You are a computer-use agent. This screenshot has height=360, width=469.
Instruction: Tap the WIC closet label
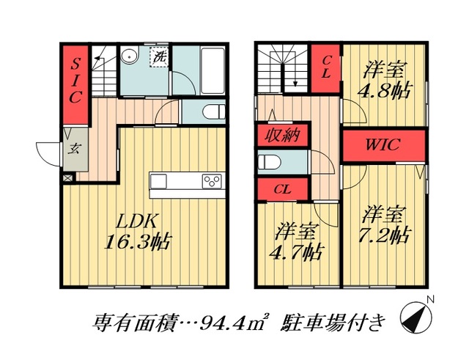click(383, 144)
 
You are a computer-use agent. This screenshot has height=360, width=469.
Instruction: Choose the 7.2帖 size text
click(385, 236)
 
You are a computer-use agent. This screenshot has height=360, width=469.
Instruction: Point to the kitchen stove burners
click(212, 181)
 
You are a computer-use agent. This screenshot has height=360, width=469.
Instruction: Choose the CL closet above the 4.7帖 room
click(282, 188)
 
